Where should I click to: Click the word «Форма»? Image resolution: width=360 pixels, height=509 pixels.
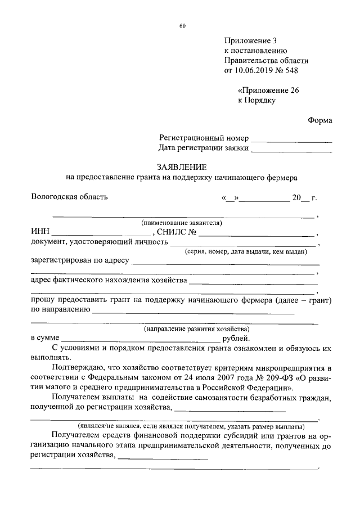pyautogui.click(x=319, y=120)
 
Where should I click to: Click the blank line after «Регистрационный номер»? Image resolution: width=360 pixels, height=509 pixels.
pyautogui.click(x=291, y=140)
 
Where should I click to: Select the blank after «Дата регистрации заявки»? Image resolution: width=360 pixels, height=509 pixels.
pyautogui.click(x=291, y=150)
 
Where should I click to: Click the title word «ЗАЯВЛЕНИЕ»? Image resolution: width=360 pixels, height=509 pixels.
pyautogui.click(x=182, y=167)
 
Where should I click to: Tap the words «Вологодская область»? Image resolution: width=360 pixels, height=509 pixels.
pyautogui.click(x=69, y=197)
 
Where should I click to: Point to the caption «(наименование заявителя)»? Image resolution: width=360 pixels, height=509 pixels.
pyautogui.click(x=182, y=223)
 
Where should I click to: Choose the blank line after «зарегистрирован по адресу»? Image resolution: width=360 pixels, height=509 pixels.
pyautogui.click(x=225, y=263)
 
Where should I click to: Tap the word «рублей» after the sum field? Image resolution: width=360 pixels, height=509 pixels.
pyautogui.click(x=237, y=339)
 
